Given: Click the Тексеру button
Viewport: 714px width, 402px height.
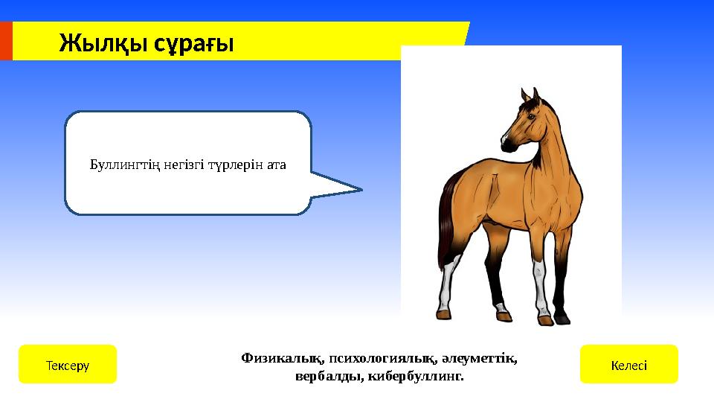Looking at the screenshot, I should point(67,365).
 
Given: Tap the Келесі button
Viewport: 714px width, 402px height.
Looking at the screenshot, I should point(628,365).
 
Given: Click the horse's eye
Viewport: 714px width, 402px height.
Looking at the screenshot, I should point(530,116).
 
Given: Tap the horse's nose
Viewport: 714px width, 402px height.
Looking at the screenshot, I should point(505,140).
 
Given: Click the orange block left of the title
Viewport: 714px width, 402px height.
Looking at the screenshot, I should point(6,41).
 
